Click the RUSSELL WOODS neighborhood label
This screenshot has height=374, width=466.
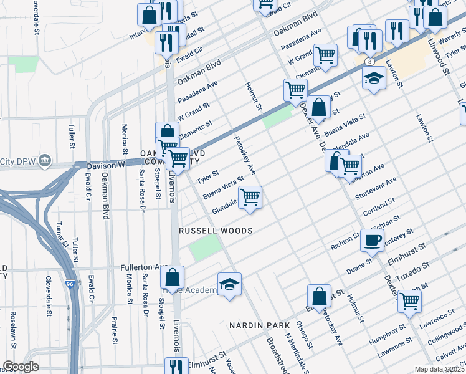[216, 231]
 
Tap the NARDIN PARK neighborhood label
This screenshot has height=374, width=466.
[259, 326]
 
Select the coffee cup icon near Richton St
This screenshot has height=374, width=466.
[373, 240]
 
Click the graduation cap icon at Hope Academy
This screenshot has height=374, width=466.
[229, 284]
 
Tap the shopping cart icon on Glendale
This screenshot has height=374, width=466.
[250, 198]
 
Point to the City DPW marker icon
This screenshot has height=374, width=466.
[44, 161]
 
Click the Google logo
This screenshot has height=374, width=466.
[21, 367]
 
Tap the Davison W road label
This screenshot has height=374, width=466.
[105, 165]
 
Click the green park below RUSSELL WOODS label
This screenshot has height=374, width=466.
[206, 249]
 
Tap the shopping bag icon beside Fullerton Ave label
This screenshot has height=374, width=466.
[173, 277]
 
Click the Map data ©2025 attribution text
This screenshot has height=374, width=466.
[439, 369]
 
